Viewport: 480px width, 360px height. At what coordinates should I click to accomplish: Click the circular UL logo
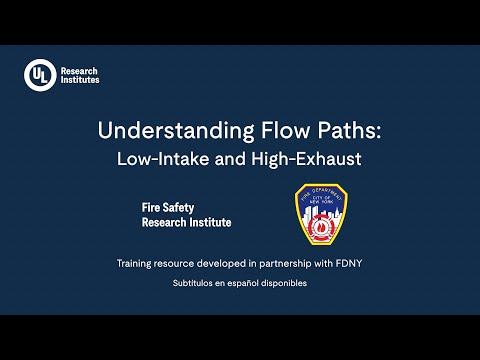click(40, 75)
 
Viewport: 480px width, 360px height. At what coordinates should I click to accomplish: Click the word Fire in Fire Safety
click(155, 208)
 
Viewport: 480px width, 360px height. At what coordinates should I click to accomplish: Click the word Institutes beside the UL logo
click(80, 81)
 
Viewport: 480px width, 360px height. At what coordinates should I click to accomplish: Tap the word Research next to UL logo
click(80, 70)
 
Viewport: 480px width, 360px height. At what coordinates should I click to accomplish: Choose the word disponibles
click(285, 284)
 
